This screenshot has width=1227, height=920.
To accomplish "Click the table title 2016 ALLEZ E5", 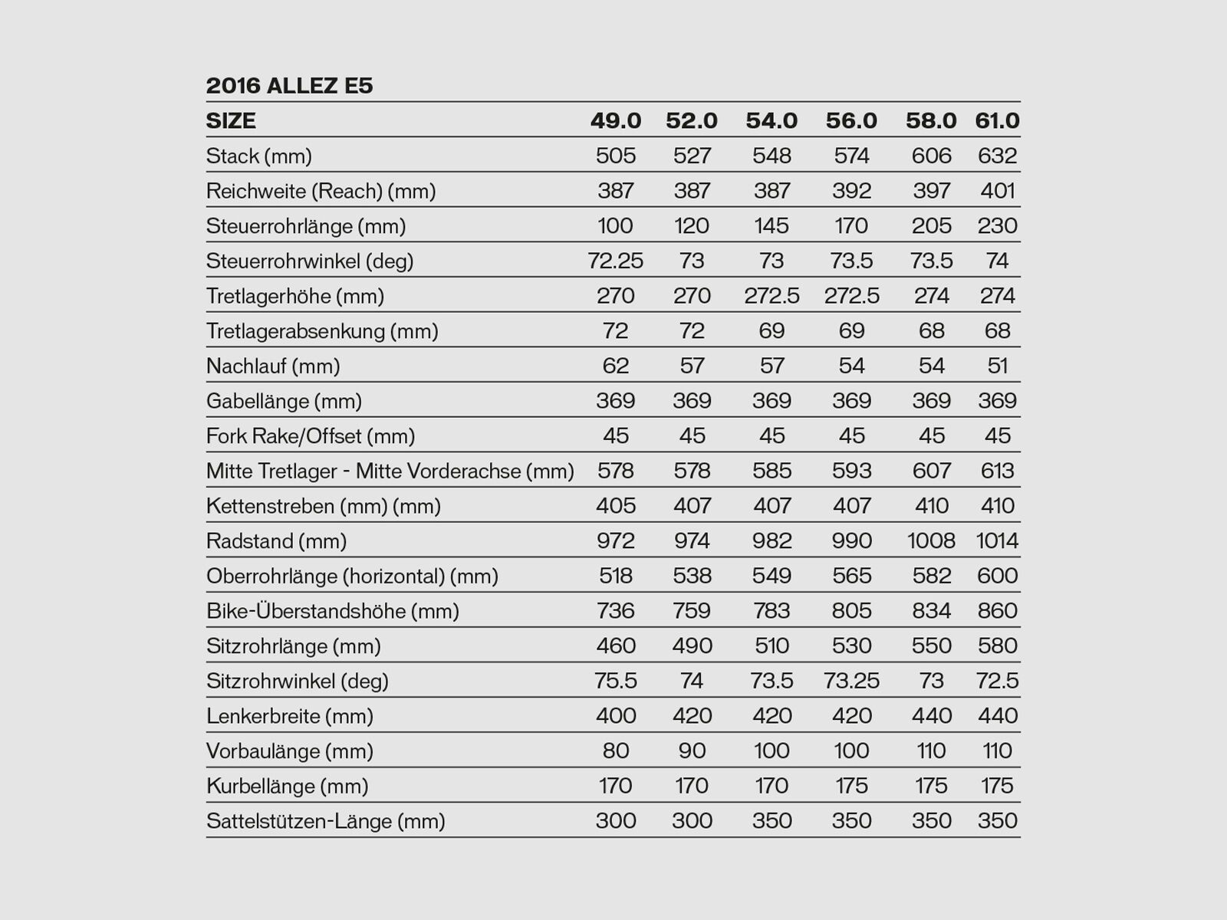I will [x=290, y=85].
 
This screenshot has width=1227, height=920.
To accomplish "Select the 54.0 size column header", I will [x=771, y=120].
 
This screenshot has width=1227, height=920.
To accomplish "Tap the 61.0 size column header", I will [x=997, y=120].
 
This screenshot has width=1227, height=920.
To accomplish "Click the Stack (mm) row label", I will [x=259, y=156].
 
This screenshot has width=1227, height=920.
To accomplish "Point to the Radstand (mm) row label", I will [x=276, y=541].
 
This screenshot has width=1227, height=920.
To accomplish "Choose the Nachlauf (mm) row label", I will [x=273, y=366].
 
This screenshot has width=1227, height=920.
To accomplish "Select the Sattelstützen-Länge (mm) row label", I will [x=326, y=821].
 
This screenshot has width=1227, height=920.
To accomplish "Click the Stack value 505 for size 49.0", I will [x=616, y=156].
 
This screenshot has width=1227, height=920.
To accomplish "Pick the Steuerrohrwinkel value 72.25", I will [x=616, y=261].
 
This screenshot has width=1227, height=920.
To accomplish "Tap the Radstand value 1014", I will [x=997, y=541].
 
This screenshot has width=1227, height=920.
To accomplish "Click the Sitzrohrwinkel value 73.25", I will [x=851, y=681].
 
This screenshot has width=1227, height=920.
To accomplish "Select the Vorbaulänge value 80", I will [x=616, y=751].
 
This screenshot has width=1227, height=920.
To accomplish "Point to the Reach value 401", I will [x=997, y=191].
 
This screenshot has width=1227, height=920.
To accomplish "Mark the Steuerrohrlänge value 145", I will [x=771, y=226].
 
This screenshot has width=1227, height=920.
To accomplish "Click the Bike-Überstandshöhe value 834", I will [x=931, y=611].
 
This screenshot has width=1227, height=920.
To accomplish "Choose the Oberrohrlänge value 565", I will [x=851, y=576].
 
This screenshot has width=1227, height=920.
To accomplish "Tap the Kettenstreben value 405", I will [x=616, y=506].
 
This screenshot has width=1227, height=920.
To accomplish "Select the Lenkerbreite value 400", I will [x=616, y=716].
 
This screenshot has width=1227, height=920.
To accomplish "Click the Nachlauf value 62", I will [x=616, y=366].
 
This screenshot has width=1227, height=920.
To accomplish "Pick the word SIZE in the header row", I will [x=231, y=120].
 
